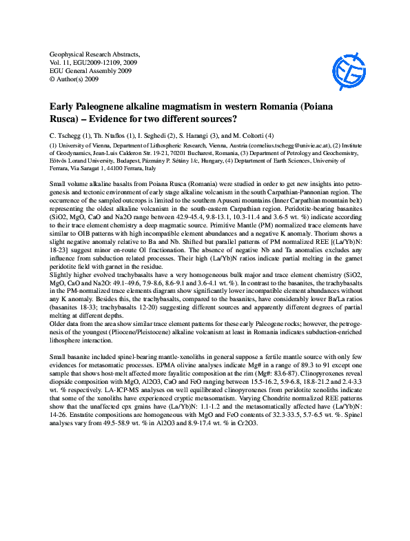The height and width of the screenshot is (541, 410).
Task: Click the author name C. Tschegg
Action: (x=67, y=135)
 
